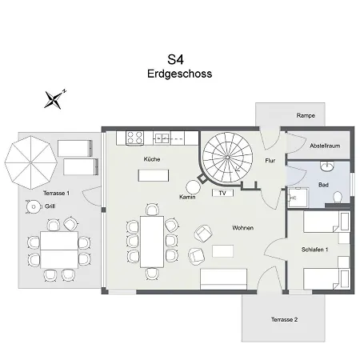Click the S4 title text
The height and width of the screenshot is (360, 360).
click(175, 59)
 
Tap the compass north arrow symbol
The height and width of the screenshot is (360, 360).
click(54, 99)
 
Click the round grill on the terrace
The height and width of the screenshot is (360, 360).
click(33, 206)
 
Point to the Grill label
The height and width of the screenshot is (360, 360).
click(50, 206)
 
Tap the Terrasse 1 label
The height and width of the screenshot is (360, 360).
click(56, 194)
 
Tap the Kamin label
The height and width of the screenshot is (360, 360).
click(188, 196)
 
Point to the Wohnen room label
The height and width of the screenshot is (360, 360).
click(243, 228)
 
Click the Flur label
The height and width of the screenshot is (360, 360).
click(270, 160)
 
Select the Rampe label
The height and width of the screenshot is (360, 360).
click(305, 115)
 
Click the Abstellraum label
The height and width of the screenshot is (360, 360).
click(325, 146)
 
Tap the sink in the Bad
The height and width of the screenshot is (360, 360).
click(326, 166)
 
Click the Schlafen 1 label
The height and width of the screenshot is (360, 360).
click(314, 250)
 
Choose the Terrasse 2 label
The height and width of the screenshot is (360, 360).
click(283, 319)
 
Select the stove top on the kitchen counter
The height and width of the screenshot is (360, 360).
click(130, 138)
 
